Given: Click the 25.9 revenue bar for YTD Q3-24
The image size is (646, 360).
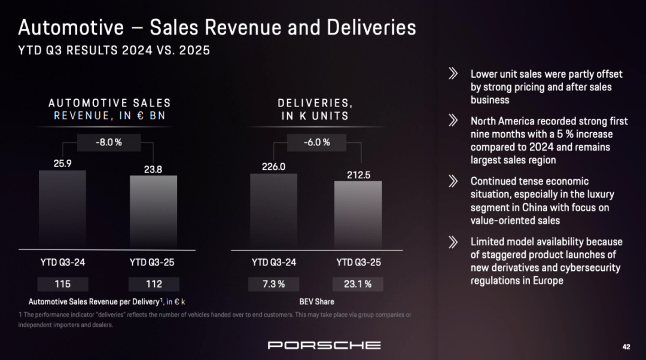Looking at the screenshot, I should click(62, 209).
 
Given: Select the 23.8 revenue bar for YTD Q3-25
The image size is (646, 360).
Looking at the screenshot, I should click(153, 212).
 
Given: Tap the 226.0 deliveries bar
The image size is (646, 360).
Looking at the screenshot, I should click(273, 211).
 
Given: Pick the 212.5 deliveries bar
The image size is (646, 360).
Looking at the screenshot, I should click(358, 215).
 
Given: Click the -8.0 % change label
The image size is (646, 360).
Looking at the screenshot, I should click(109, 142).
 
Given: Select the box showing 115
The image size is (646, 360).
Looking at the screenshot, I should click(62, 284).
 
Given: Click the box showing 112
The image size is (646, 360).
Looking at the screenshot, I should click(153, 284).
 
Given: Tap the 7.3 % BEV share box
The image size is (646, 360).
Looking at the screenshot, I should click(273, 284).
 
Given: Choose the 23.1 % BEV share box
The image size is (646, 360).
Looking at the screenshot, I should click(358, 284).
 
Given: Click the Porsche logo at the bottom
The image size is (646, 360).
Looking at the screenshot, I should click(324, 345).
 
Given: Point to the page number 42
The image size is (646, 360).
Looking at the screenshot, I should click(626, 347).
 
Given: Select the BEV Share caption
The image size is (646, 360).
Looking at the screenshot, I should click(316, 301).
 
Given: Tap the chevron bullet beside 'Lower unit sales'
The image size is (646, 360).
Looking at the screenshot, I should click(453, 74).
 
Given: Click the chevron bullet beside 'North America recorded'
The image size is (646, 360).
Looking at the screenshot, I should click(453, 121).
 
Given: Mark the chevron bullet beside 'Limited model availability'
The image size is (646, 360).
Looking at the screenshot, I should click(453, 242).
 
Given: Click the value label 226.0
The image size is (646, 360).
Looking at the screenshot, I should click(273, 167).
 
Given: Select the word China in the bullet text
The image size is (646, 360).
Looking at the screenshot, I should click(538, 208).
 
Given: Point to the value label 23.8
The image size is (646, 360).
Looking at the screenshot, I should click(153, 169).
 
